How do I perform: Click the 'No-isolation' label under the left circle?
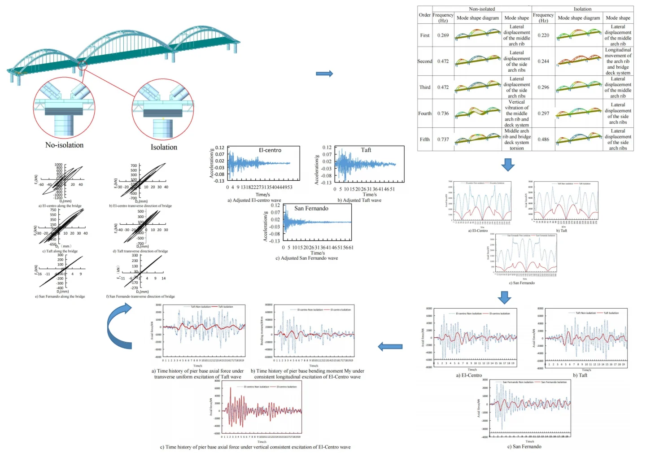[64, 145]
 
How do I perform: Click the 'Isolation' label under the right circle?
[164, 147]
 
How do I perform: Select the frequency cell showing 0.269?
[443, 35]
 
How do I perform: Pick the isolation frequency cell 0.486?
[543, 139]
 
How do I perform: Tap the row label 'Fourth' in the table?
[424, 113]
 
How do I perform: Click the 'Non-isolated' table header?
[482, 9]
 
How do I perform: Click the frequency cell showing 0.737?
[443, 139]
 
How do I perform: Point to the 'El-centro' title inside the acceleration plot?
[270, 150]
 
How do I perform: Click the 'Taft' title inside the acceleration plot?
[366, 150]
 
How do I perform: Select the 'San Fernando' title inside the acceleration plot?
[311, 208]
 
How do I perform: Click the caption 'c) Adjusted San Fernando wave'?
[306, 258]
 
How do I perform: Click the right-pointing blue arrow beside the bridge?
[324, 74]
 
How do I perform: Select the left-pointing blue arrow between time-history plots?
[390, 346]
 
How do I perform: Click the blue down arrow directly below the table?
[508, 165]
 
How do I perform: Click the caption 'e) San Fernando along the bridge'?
[60, 296]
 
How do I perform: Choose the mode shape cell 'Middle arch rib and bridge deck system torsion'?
[516, 139]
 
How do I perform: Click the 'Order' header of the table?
[424, 15]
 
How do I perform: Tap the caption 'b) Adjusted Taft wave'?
[359, 200]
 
